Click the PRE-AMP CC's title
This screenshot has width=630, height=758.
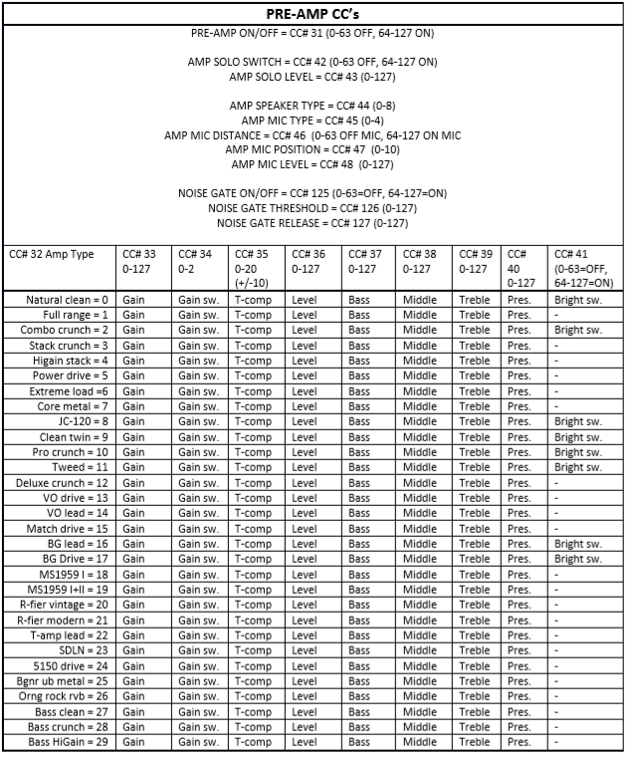pos(314,13)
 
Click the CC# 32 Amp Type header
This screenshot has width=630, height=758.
pos(52,254)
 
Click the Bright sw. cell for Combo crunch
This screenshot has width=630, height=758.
pos(578,330)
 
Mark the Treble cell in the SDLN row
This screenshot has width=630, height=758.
pos(475,650)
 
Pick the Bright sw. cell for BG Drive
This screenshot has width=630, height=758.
pos(578,559)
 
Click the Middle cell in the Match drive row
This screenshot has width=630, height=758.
pos(420,528)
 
